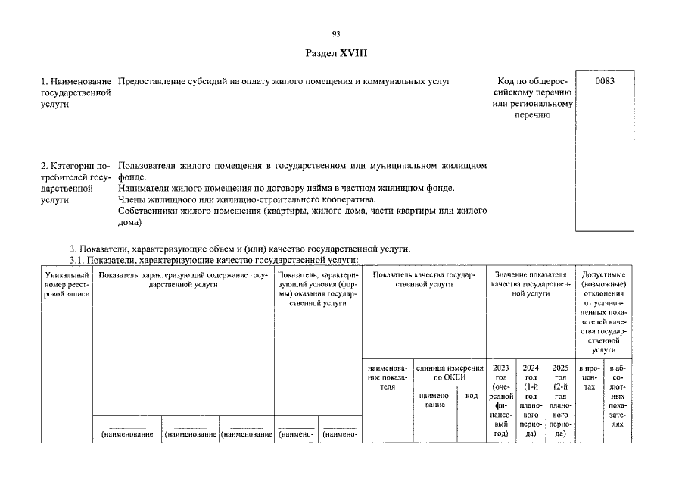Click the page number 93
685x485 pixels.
click(336, 33)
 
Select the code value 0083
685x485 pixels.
click(604, 81)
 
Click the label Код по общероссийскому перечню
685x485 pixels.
click(531, 98)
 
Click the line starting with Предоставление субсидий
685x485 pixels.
click(284, 80)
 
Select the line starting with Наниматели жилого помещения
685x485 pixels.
click(286, 188)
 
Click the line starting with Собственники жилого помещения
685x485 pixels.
click(302, 211)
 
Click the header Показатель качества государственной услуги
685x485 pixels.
click(424, 279)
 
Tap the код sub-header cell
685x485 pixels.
click(471, 395)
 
